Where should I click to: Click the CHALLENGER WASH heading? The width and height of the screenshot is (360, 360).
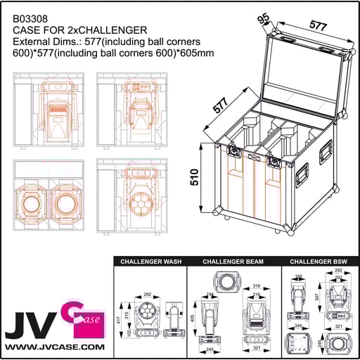coord(150,262)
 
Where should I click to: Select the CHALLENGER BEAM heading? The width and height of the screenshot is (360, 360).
coord(233,262)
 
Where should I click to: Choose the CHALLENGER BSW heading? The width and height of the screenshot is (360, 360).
coord(319,262)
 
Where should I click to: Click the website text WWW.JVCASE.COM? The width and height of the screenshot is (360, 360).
coord(54,347)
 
